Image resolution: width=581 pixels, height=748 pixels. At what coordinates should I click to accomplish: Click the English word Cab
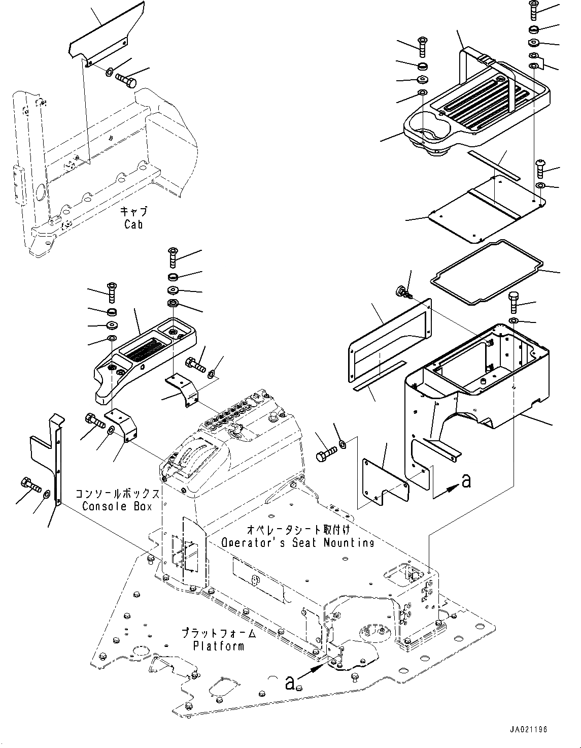click(x=133, y=224)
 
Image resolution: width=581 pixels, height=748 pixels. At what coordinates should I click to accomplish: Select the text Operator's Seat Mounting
click(x=298, y=542)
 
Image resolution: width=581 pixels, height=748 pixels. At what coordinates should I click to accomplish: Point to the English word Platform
click(x=219, y=646)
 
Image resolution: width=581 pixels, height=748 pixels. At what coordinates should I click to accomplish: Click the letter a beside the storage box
click(x=466, y=480)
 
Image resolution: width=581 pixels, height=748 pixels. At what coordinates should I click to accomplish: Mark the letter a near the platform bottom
click(x=290, y=684)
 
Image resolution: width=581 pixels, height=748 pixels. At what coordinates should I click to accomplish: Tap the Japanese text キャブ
click(x=133, y=211)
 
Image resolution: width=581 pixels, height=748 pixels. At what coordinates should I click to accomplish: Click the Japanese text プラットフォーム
click(x=219, y=634)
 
